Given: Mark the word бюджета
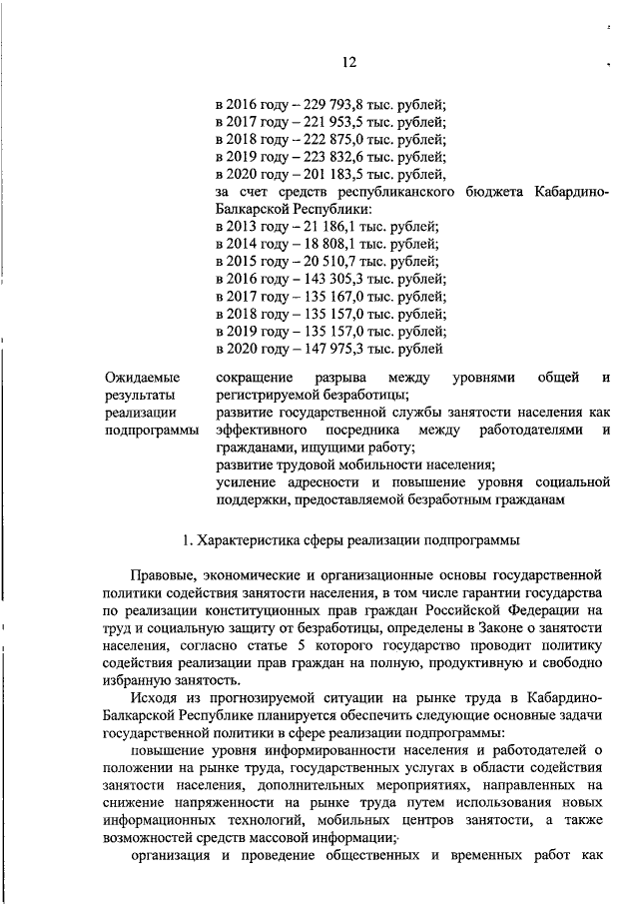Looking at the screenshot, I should click(x=496, y=191).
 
